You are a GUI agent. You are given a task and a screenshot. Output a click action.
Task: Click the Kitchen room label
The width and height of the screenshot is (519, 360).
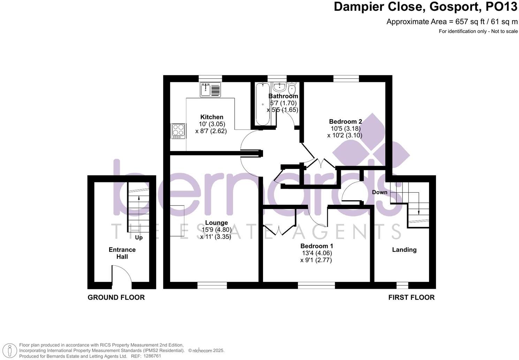pos(211,117)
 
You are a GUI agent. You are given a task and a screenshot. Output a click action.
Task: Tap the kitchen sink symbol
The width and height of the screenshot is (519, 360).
pos(210,90)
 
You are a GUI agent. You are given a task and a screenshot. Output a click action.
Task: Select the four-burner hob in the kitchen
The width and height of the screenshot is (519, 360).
pos(178,131)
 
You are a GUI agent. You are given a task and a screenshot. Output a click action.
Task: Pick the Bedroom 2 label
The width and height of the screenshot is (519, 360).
pos(345,122)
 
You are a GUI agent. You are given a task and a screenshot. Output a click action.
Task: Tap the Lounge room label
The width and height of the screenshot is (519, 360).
pos(216,223)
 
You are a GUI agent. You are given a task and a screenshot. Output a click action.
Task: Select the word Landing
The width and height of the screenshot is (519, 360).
pos(404,250)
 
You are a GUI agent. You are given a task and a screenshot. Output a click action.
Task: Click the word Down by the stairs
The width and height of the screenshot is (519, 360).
pos(379,192)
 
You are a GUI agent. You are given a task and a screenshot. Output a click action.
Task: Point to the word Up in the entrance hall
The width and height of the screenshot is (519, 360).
pos(139,238)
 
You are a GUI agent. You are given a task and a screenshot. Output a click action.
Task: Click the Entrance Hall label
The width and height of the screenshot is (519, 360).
pos(122,253)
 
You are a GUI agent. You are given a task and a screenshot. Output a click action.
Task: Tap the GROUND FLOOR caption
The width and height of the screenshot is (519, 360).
pos(116,298)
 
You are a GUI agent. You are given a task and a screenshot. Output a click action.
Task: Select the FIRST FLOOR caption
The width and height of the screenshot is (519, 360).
pos(412,298)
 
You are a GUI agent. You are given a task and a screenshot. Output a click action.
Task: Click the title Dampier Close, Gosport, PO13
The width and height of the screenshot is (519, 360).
pos(426,7)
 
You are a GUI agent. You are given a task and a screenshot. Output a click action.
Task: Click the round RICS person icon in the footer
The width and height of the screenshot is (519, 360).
pos(12,350)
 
